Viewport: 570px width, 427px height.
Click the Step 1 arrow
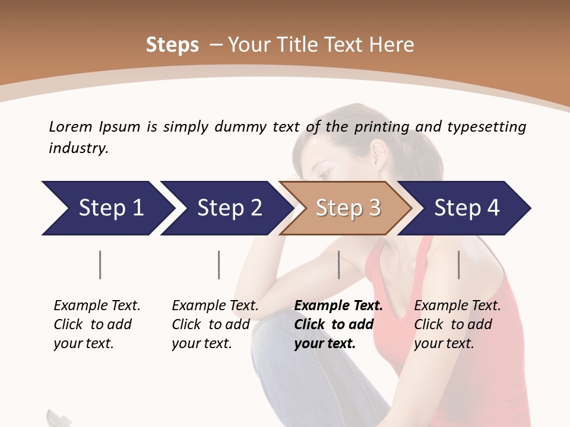pos(107,208)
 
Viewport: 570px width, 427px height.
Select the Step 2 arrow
pos(226,208)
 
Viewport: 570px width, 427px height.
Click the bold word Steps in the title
pos(172,45)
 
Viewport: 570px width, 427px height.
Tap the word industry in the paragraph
pos(78,148)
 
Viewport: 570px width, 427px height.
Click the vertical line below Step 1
pos(100,265)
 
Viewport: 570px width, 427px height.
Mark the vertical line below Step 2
pos(219,265)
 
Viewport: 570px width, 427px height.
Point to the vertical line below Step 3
pos(339,265)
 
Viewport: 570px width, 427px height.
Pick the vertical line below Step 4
pos(459,265)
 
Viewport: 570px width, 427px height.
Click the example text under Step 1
pos(97,324)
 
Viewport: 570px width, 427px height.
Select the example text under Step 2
pos(215,324)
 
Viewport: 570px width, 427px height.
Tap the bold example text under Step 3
pos(338,324)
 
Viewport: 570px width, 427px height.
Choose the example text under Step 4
pos(457,324)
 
